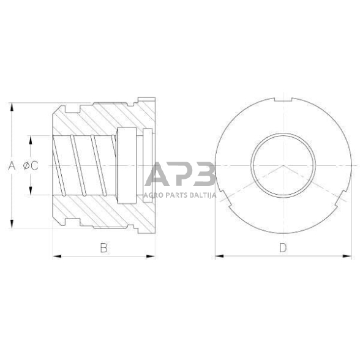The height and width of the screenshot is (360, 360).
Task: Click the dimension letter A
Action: pos(10,165)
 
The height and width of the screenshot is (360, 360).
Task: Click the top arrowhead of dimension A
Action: pos(12,106)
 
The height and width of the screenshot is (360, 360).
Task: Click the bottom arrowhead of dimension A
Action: pos(12,225)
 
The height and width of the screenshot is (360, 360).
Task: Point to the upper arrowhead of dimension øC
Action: pos(28,138)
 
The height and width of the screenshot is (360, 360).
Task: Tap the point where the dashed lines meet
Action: pos(283,166)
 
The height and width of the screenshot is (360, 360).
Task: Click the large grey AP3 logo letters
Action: pos(179,176)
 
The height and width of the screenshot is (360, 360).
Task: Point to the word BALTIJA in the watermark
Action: pos(199,195)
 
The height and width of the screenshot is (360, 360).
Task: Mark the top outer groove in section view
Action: pos(77,110)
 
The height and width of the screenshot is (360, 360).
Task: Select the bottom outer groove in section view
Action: pos(77,221)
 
